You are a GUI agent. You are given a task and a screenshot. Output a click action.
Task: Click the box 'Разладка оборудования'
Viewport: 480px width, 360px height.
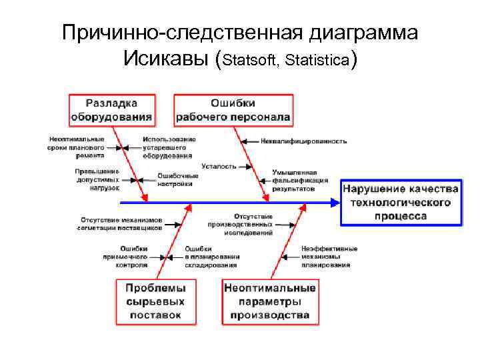(111, 110)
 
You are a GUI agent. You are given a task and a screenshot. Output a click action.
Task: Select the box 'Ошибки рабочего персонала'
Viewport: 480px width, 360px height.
(233, 110)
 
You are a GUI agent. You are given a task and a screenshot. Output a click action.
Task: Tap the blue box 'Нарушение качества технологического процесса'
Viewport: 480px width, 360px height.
(401, 202)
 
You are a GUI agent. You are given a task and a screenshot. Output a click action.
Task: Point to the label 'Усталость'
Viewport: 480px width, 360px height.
(219, 166)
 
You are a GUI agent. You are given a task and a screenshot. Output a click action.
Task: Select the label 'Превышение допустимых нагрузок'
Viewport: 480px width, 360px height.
(97, 179)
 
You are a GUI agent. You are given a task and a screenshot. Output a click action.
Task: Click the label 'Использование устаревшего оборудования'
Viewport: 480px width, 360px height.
(169, 147)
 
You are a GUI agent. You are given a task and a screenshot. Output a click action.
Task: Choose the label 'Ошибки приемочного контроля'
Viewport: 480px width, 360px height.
(125, 256)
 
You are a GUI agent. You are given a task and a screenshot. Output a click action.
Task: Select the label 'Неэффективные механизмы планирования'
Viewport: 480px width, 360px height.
(329, 256)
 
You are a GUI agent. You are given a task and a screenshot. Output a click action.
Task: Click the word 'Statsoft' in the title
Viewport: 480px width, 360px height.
(253, 61)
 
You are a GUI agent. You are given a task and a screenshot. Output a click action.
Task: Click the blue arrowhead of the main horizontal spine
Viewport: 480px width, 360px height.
(335, 201)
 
